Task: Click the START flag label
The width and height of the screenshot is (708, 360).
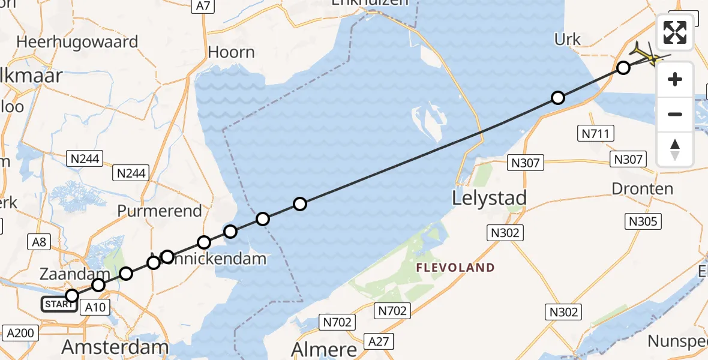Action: pyautogui.click(x=59, y=304)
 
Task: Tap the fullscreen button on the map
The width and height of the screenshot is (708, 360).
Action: pyautogui.click(x=675, y=32)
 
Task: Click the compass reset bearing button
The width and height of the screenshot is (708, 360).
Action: pyautogui.click(x=675, y=149)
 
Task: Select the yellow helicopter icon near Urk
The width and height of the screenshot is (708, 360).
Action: pyautogui.click(x=648, y=56)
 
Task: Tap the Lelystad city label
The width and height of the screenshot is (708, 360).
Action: pyautogui.click(x=489, y=198)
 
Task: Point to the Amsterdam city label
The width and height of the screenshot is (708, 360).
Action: pyautogui.click(x=116, y=347)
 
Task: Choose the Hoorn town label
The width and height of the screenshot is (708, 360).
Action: pyautogui.click(x=231, y=53)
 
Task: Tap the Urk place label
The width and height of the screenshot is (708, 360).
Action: pyautogui.click(x=568, y=40)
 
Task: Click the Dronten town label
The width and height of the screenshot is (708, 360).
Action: pyautogui.click(x=642, y=188)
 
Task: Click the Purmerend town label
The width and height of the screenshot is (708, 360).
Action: pyautogui.click(x=160, y=211)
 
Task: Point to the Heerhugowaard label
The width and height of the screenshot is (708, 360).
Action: pyautogui.click(x=78, y=42)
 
